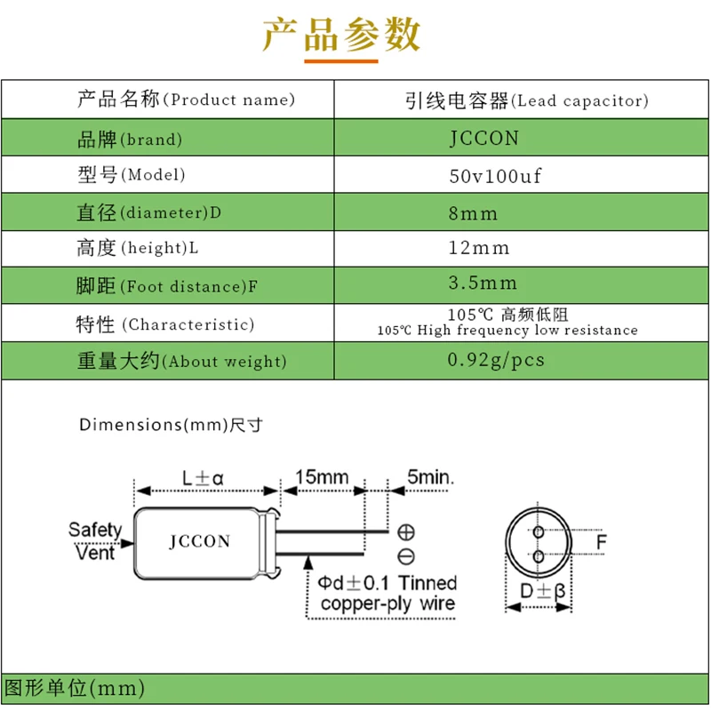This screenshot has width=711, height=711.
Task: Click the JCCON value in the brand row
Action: coord(483,139)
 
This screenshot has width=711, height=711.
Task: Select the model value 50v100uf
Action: coord(494,176)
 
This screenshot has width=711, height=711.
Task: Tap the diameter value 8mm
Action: coord(475,213)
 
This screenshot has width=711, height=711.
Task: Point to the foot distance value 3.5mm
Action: coord(483,284)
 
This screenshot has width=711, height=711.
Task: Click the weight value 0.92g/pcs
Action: coord(496,361)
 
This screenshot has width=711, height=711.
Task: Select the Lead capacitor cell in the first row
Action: coord(521,100)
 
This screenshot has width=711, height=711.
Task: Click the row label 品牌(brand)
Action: coord(130,140)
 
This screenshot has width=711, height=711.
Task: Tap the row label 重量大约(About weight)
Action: coord(181,362)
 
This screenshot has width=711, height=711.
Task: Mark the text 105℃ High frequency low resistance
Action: coord(507,331)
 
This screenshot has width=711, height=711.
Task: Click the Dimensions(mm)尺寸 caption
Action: coord(171,425)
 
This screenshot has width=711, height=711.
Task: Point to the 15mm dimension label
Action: coord(322,477)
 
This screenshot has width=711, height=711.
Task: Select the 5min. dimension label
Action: coord(430,477)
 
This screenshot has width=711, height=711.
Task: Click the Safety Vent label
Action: coord(95,541)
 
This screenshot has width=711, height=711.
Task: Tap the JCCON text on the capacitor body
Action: coord(199,541)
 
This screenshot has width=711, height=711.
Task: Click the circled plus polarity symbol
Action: coord(406,532)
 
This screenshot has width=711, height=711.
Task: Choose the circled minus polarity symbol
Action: coord(406,556)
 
